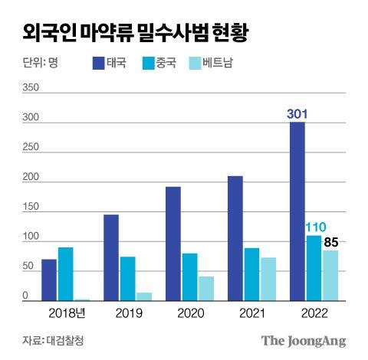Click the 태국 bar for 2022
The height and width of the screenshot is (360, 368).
pos(297,211)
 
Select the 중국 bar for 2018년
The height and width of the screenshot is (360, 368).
pos(66,273)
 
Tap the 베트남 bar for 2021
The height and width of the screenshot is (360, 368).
pos(268,279)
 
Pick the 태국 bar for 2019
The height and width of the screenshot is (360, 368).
pos(111,257)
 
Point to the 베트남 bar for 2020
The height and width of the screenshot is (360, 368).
pos(206,288)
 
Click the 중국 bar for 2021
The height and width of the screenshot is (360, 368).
pos(251,273)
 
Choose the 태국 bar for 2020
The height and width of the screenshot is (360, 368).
pos(173,244)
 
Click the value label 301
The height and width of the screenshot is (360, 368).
pos(297,114)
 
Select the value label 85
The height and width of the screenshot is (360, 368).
pos(332,243)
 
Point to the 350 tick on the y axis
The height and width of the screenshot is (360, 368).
pos(30,87)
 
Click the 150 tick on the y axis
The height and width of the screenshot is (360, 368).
pos(30,208)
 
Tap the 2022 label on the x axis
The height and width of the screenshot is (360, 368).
pos(314,313)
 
